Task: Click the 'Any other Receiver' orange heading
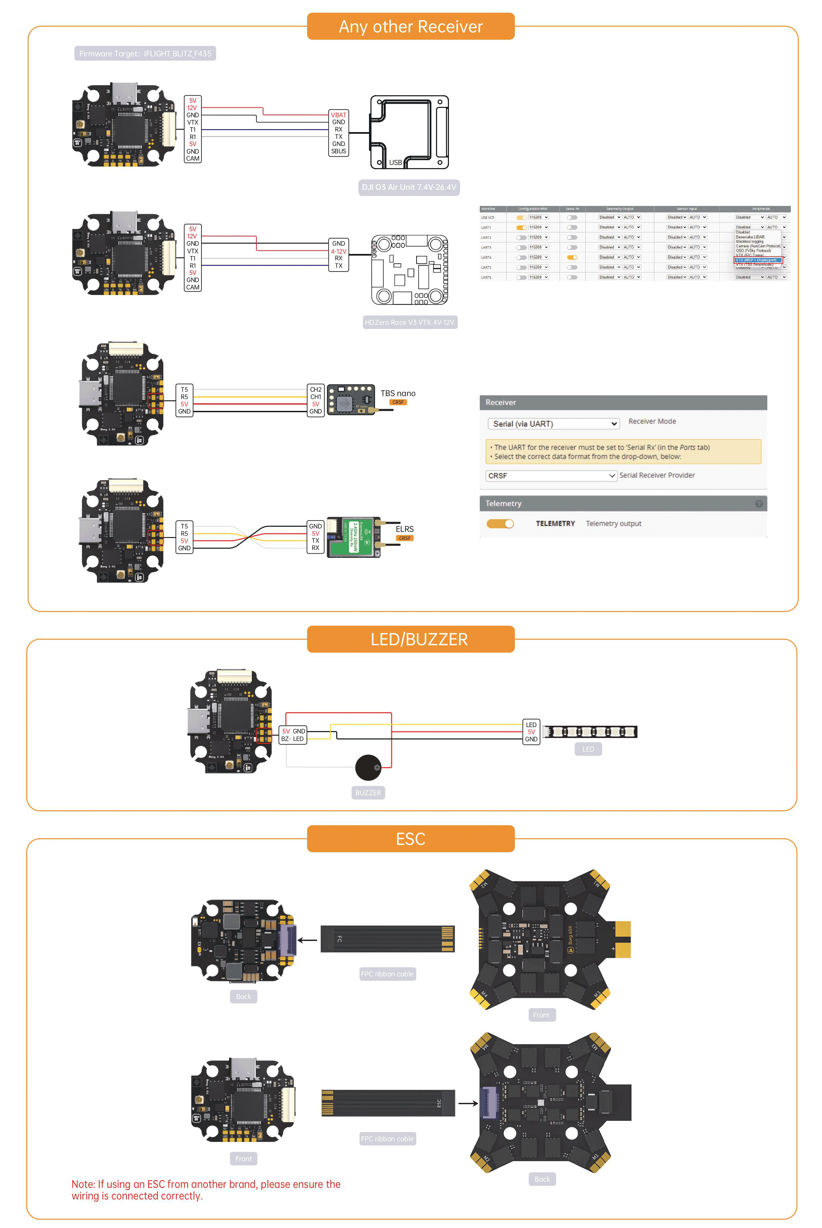pyautogui.click(x=411, y=26)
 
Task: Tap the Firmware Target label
pyautogui.click(x=145, y=53)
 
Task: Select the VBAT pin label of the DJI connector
pyautogui.click(x=338, y=115)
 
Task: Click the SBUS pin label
pyautogui.click(x=338, y=151)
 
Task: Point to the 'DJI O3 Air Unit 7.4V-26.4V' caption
pyautogui.click(x=409, y=187)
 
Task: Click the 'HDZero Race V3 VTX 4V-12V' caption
pyautogui.click(x=410, y=322)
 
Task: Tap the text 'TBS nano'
pyautogui.click(x=398, y=393)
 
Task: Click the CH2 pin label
pyautogui.click(x=316, y=390)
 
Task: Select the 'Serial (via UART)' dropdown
pyautogui.click(x=553, y=424)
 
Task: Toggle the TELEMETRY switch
pyautogui.click(x=500, y=523)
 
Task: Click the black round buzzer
pyautogui.click(x=368, y=767)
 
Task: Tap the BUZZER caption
pyautogui.click(x=368, y=793)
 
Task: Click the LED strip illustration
pyautogui.click(x=590, y=732)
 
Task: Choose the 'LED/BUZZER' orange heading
pyautogui.click(x=411, y=639)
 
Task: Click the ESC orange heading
pyautogui.click(x=411, y=839)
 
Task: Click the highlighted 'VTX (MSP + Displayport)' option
pyautogui.click(x=757, y=260)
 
